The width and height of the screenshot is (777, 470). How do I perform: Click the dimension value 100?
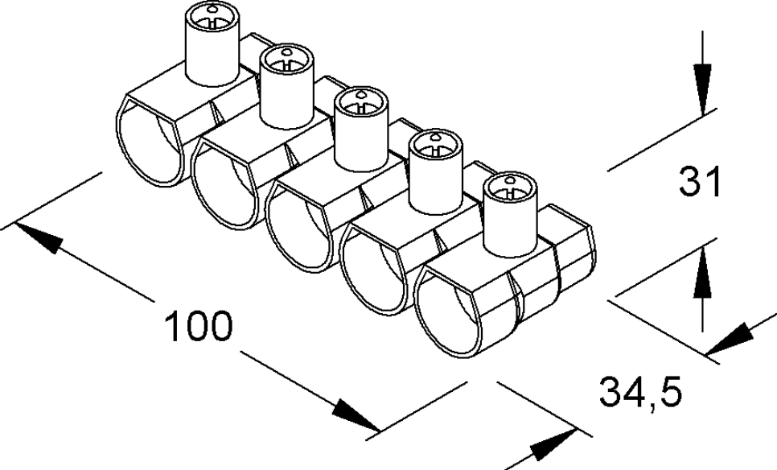[x=199, y=328]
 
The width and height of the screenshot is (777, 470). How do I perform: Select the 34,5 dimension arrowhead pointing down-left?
[x=732, y=338]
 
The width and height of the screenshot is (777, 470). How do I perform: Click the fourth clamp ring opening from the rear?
[x=376, y=272]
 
